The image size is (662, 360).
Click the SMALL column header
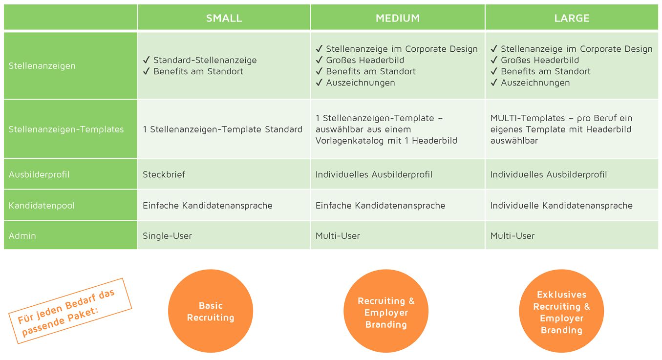[224, 18]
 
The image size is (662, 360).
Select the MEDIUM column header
[398, 18]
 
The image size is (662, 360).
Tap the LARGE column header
[572, 18]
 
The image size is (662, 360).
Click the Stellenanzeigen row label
[43, 65]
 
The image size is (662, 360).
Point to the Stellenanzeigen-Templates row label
[66, 129]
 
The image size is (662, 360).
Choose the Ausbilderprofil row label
[39, 174]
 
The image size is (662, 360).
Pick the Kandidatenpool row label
[42, 205]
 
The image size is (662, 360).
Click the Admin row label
[22, 235]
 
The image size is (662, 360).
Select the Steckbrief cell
[164, 174]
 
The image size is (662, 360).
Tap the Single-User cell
[168, 235]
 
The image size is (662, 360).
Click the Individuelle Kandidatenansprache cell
[561, 205]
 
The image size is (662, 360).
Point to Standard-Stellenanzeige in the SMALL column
[205, 60]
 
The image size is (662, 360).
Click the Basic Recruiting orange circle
[211, 312]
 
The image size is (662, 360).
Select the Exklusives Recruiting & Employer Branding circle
[561, 312]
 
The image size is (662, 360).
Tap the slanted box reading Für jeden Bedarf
[69, 311]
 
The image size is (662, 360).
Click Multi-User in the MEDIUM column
[338, 235]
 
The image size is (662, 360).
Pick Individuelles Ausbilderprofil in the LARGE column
[549, 174]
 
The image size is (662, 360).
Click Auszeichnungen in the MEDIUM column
[361, 83]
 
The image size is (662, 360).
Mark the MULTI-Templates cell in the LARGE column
[561, 129]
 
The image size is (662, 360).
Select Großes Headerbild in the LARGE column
[540, 60]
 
